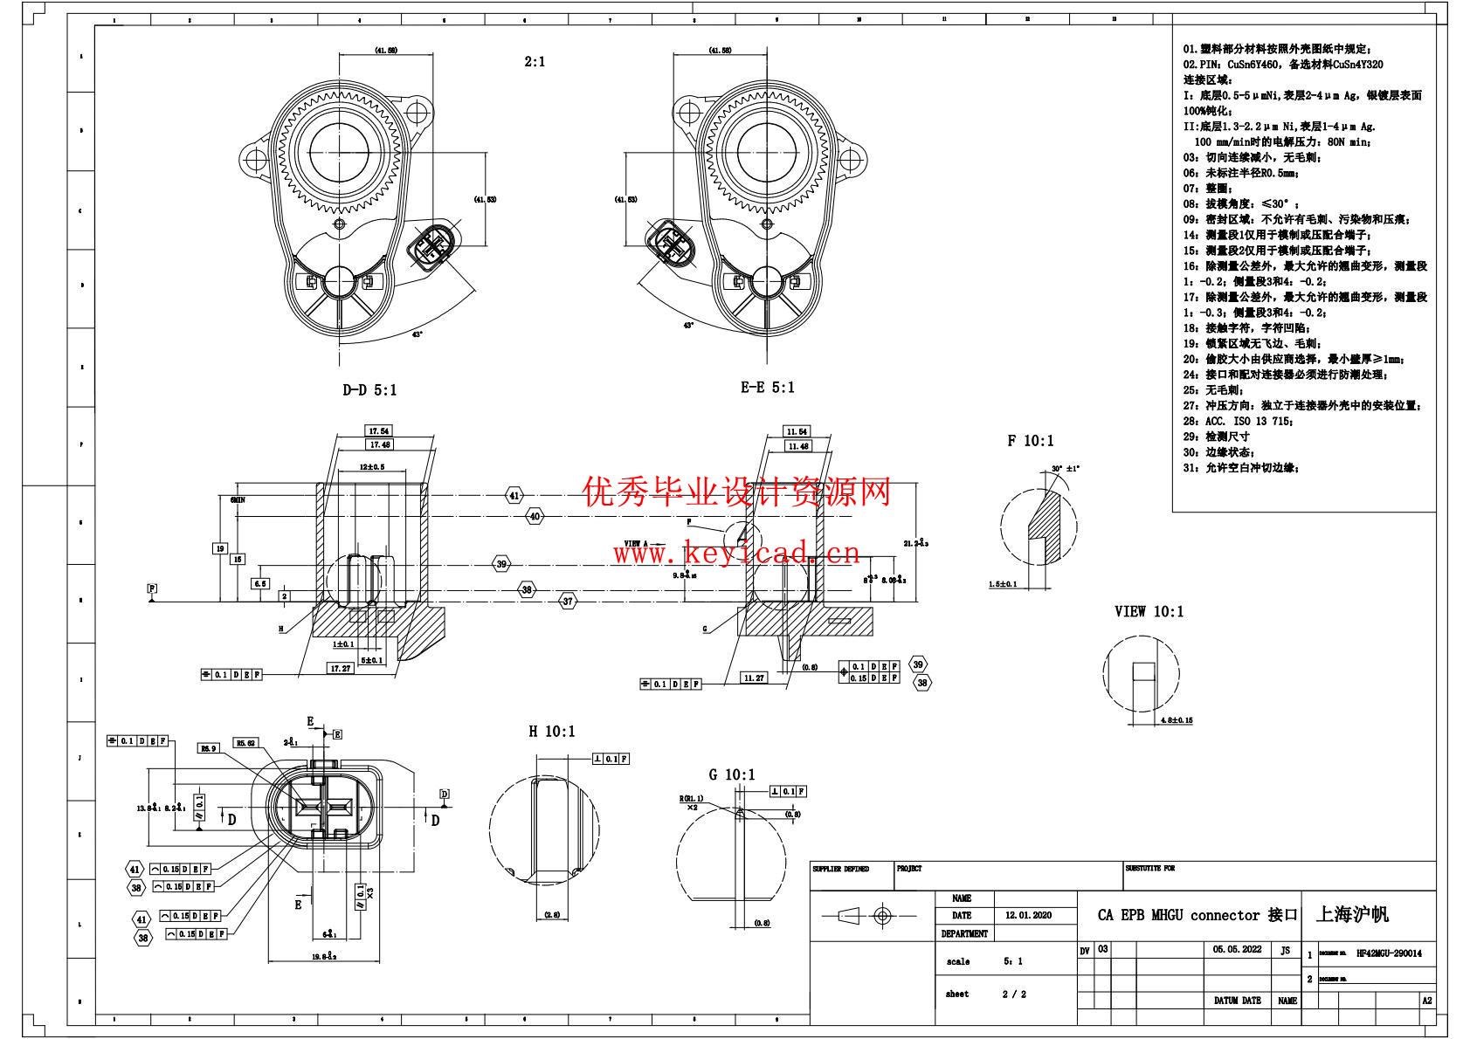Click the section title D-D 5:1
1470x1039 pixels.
pyautogui.click(x=369, y=390)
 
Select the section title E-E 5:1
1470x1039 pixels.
pyautogui.click(x=768, y=387)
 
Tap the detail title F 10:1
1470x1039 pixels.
pyautogui.click(x=1030, y=441)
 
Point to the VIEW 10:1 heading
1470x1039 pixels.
pyautogui.click(x=1149, y=611)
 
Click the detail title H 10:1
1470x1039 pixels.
pyautogui.click(x=551, y=731)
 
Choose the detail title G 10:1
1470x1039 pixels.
pyautogui.click(x=732, y=774)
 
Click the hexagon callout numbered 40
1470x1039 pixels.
pyautogui.click(x=535, y=517)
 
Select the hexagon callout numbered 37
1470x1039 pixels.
pyautogui.click(x=569, y=601)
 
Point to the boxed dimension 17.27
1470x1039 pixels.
pyautogui.click(x=340, y=668)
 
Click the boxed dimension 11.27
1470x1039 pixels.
pyautogui.click(x=753, y=678)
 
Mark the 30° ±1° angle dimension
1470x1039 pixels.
pyautogui.click(x=1066, y=469)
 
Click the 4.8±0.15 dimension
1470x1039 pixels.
pyautogui.click(x=1177, y=720)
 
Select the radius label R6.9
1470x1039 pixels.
pyautogui.click(x=209, y=748)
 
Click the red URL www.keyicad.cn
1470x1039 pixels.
pyautogui.click(x=736, y=553)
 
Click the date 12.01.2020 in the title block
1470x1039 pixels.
pyautogui.click(x=1028, y=916)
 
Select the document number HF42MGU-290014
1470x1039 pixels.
pyautogui.click(x=1389, y=953)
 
